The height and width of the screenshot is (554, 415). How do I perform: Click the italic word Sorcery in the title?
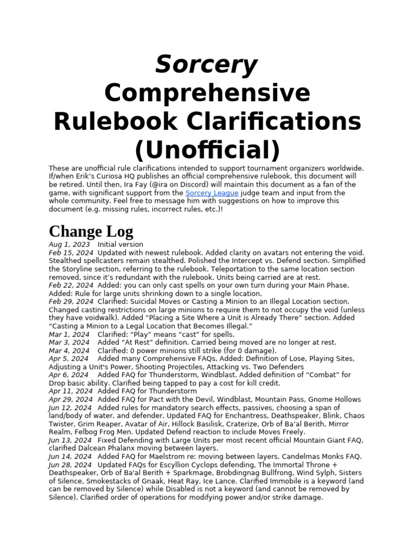click(207, 66)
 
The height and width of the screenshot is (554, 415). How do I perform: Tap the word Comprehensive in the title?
click(207, 94)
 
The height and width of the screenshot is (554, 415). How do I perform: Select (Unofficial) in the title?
click(207, 149)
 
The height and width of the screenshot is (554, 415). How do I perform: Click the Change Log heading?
click(91, 231)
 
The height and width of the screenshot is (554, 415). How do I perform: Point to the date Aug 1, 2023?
click(69, 245)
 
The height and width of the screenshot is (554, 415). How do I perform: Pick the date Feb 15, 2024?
click(71, 253)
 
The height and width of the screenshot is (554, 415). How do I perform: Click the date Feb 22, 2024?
click(71, 285)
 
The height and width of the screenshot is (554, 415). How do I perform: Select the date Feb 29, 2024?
click(71, 301)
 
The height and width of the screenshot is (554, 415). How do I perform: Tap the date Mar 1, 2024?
click(69, 334)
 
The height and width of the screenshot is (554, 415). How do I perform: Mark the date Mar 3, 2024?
click(69, 342)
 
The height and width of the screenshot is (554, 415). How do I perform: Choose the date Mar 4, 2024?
click(69, 351)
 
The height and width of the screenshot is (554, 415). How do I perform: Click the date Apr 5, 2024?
click(69, 359)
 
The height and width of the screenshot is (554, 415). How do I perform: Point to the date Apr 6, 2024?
click(69, 375)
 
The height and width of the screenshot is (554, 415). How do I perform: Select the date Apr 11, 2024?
click(71, 391)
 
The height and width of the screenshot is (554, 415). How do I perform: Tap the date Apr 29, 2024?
click(71, 399)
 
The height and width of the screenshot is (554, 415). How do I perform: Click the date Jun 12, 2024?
click(70, 407)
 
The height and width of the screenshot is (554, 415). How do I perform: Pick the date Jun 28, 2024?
click(70, 465)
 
